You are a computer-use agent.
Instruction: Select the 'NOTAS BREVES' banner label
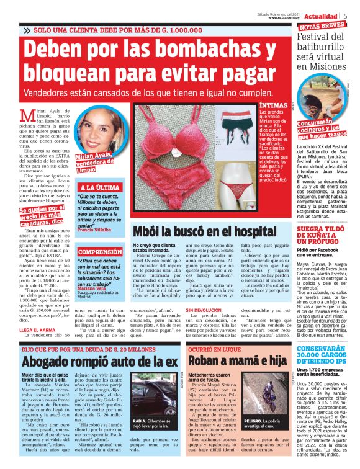coord(322,27)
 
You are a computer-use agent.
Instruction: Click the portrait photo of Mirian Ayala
coord(101,132)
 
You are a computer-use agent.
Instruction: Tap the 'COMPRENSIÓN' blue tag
coord(99,252)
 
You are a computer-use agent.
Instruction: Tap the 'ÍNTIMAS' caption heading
coord(272,106)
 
